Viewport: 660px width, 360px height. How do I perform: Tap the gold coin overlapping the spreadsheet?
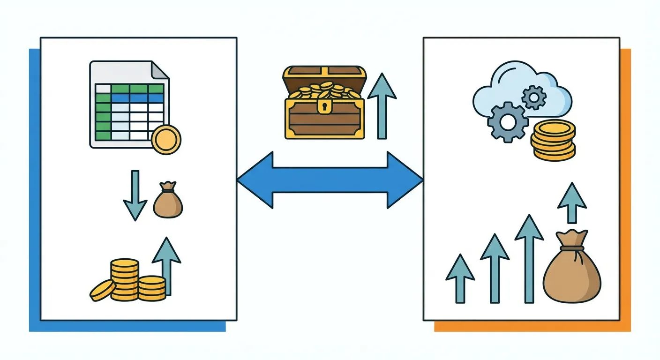click(166, 140)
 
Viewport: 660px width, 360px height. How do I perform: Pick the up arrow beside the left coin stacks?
click(166, 265)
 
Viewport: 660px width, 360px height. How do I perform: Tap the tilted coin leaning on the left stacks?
click(103, 290)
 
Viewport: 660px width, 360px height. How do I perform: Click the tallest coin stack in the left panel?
click(125, 279)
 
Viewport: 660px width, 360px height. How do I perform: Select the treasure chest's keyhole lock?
click(324, 107)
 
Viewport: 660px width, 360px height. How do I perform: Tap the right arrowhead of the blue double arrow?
click(404, 180)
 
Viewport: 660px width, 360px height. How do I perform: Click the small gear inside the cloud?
click(533, 97)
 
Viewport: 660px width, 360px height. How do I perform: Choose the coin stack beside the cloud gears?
click(553, 140)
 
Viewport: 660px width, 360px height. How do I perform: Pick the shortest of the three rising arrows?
click(460, 279)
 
